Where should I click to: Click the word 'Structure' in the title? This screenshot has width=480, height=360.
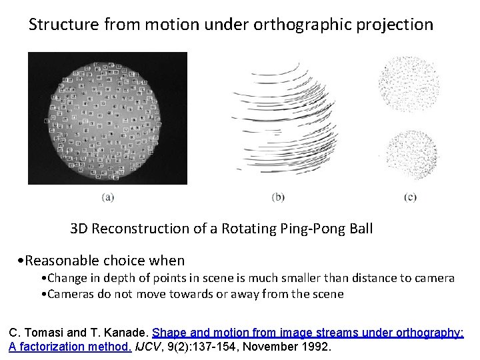(x=63, y=25)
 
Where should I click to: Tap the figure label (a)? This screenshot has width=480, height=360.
(x=107, y=197)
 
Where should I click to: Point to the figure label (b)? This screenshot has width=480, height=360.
(x=279, y=197)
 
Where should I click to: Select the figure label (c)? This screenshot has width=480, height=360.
(x=411, y=197)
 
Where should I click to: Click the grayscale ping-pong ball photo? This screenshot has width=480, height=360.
(x=107, y=118)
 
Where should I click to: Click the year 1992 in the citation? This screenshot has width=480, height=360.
(x=317, y=347)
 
